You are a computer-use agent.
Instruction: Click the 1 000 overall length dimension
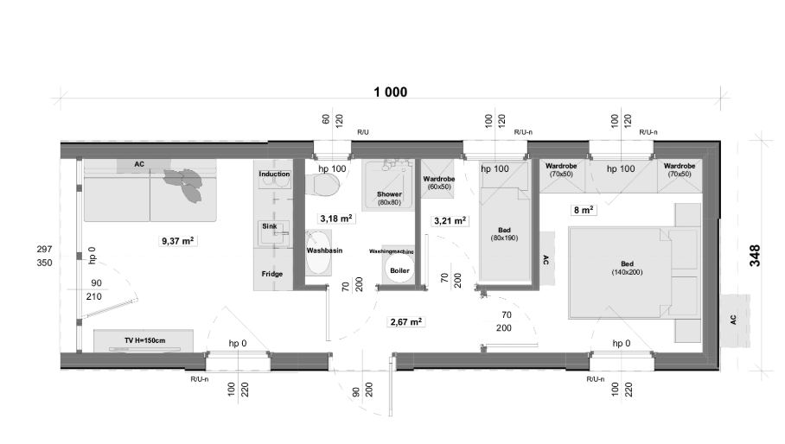pyautogui.click(x=391, y=92)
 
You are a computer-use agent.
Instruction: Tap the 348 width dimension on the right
pyautogui.click(x=755, y=256)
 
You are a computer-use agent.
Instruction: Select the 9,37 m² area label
pyautogui.click(x=178, y=241)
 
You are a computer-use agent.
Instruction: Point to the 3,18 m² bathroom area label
pyautogui.click(x=336, y=219)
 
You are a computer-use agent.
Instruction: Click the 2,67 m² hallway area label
pyautogui.click(x=406, y=322)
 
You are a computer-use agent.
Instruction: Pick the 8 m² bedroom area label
pyautogui.click(x=584, y=210)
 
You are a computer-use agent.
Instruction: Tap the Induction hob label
pyautogui.click(x=274, y=174)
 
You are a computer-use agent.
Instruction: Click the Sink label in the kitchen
pyautogui.click(x=270, y=226)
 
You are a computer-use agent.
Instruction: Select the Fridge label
pyautogui.click(x=272, y=274)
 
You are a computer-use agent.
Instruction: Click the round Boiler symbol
pyautogui.click(x=399, y=269)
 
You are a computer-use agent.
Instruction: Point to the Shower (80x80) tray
pyautogui.click(x=389, y=185)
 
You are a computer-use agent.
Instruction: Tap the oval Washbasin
pyautogui.click(x=318, y=252)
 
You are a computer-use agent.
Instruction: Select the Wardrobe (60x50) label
pyautogui.click(x=439, y=182)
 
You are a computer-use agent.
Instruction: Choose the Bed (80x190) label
pyautogui.click(x=504, y=234)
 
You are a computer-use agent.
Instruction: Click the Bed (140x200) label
pyautogui.click(x=628, y=268)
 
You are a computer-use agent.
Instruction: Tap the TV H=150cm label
pyautogui.click(x=144, y=340)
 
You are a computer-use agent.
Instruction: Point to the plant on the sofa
pyautogui.click(x=184, y=183)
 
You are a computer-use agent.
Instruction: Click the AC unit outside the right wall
pyautogui.click(x=735, y=319)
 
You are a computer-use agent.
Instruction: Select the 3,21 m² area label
pyautogui.click(x=450, y=220)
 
